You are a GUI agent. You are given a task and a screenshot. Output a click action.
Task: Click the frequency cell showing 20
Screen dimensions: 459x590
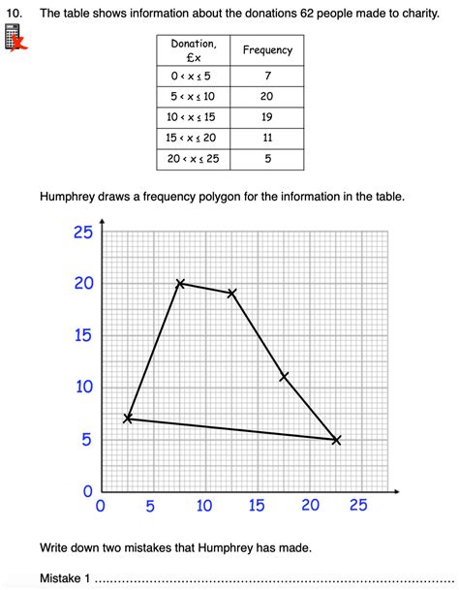[x=267, y=96]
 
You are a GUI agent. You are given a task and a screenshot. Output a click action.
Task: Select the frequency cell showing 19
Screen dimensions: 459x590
[x=267, y=117]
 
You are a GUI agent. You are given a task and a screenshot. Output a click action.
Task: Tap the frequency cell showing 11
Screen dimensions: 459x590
[x=267, y=138]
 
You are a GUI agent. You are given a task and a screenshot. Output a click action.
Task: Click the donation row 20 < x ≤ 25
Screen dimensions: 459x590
[x=194, y=158]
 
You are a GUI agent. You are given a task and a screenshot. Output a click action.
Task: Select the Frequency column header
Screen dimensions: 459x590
[x=267, y=49]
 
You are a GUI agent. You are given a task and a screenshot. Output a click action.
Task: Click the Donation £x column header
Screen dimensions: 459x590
[x=194, y=50]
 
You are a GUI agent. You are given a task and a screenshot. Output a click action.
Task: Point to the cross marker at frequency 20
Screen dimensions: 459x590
[x=180, y=283]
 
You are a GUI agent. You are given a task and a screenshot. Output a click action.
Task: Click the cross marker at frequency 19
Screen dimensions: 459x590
[x=232, y=293]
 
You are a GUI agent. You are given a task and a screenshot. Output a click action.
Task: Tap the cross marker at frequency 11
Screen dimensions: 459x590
[x=284, y=376]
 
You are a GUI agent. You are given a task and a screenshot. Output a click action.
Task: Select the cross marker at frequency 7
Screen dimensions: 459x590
[x=128, y=419]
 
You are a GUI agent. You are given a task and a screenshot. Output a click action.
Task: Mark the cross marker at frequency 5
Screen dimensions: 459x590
[x=336, y=439]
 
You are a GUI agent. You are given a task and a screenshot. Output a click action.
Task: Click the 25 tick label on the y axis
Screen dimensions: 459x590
[x=82, y=232]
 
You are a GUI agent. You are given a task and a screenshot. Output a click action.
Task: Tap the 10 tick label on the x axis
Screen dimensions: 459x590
[x=203, y=505]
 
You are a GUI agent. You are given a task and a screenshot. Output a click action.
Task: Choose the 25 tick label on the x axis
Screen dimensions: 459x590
[x=358, y=505]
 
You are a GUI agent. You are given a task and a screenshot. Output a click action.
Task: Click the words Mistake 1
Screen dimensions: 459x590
[x=65, y=578]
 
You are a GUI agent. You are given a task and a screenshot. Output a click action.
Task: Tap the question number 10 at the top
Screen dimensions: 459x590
[x=15, y=15]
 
